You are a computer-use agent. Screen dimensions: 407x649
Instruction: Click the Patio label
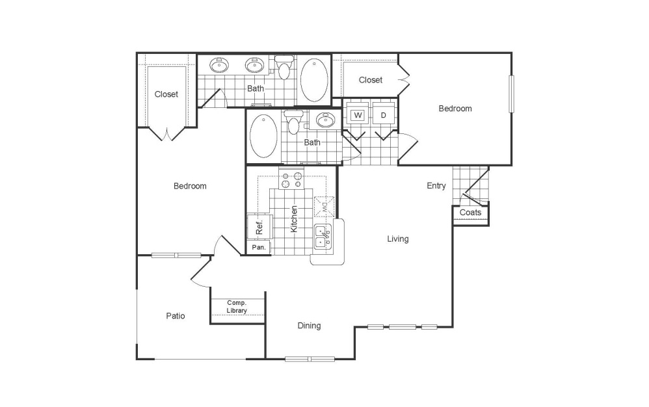click(x=175, y=316)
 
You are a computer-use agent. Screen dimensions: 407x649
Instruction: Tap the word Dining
click(x=309, y=326)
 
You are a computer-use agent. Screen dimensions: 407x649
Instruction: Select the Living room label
click(x=398, y=239)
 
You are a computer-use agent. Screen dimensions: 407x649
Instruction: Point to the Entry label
click(x=436, y=186)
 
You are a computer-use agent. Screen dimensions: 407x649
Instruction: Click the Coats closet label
click(x=470, y=213)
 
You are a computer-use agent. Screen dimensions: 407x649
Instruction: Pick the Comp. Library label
click(x=237, y=307)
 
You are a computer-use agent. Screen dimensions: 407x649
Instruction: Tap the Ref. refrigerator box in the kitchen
click(x=258, y=228)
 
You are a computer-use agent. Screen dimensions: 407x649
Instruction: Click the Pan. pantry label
click(x=258, y=248)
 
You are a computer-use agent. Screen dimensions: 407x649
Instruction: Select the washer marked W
click(x=357, y=115)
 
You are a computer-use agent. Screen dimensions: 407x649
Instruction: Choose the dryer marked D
click(x=384, y=115)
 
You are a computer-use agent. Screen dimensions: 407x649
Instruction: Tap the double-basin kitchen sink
click(x=323, y=237)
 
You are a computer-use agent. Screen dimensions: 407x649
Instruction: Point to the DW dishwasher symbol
click(x=323, y=207)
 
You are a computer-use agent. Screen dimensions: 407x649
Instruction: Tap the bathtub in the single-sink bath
click(x=263, y=136)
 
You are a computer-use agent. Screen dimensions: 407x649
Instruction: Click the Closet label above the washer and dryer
click(x=371, y=80)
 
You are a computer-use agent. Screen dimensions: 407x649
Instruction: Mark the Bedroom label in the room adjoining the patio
click(x=190, y=186)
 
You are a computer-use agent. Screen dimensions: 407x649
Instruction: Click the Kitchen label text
click(x=294, y=219)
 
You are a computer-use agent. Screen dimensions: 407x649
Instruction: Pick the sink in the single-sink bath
click(x=323, y=120)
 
